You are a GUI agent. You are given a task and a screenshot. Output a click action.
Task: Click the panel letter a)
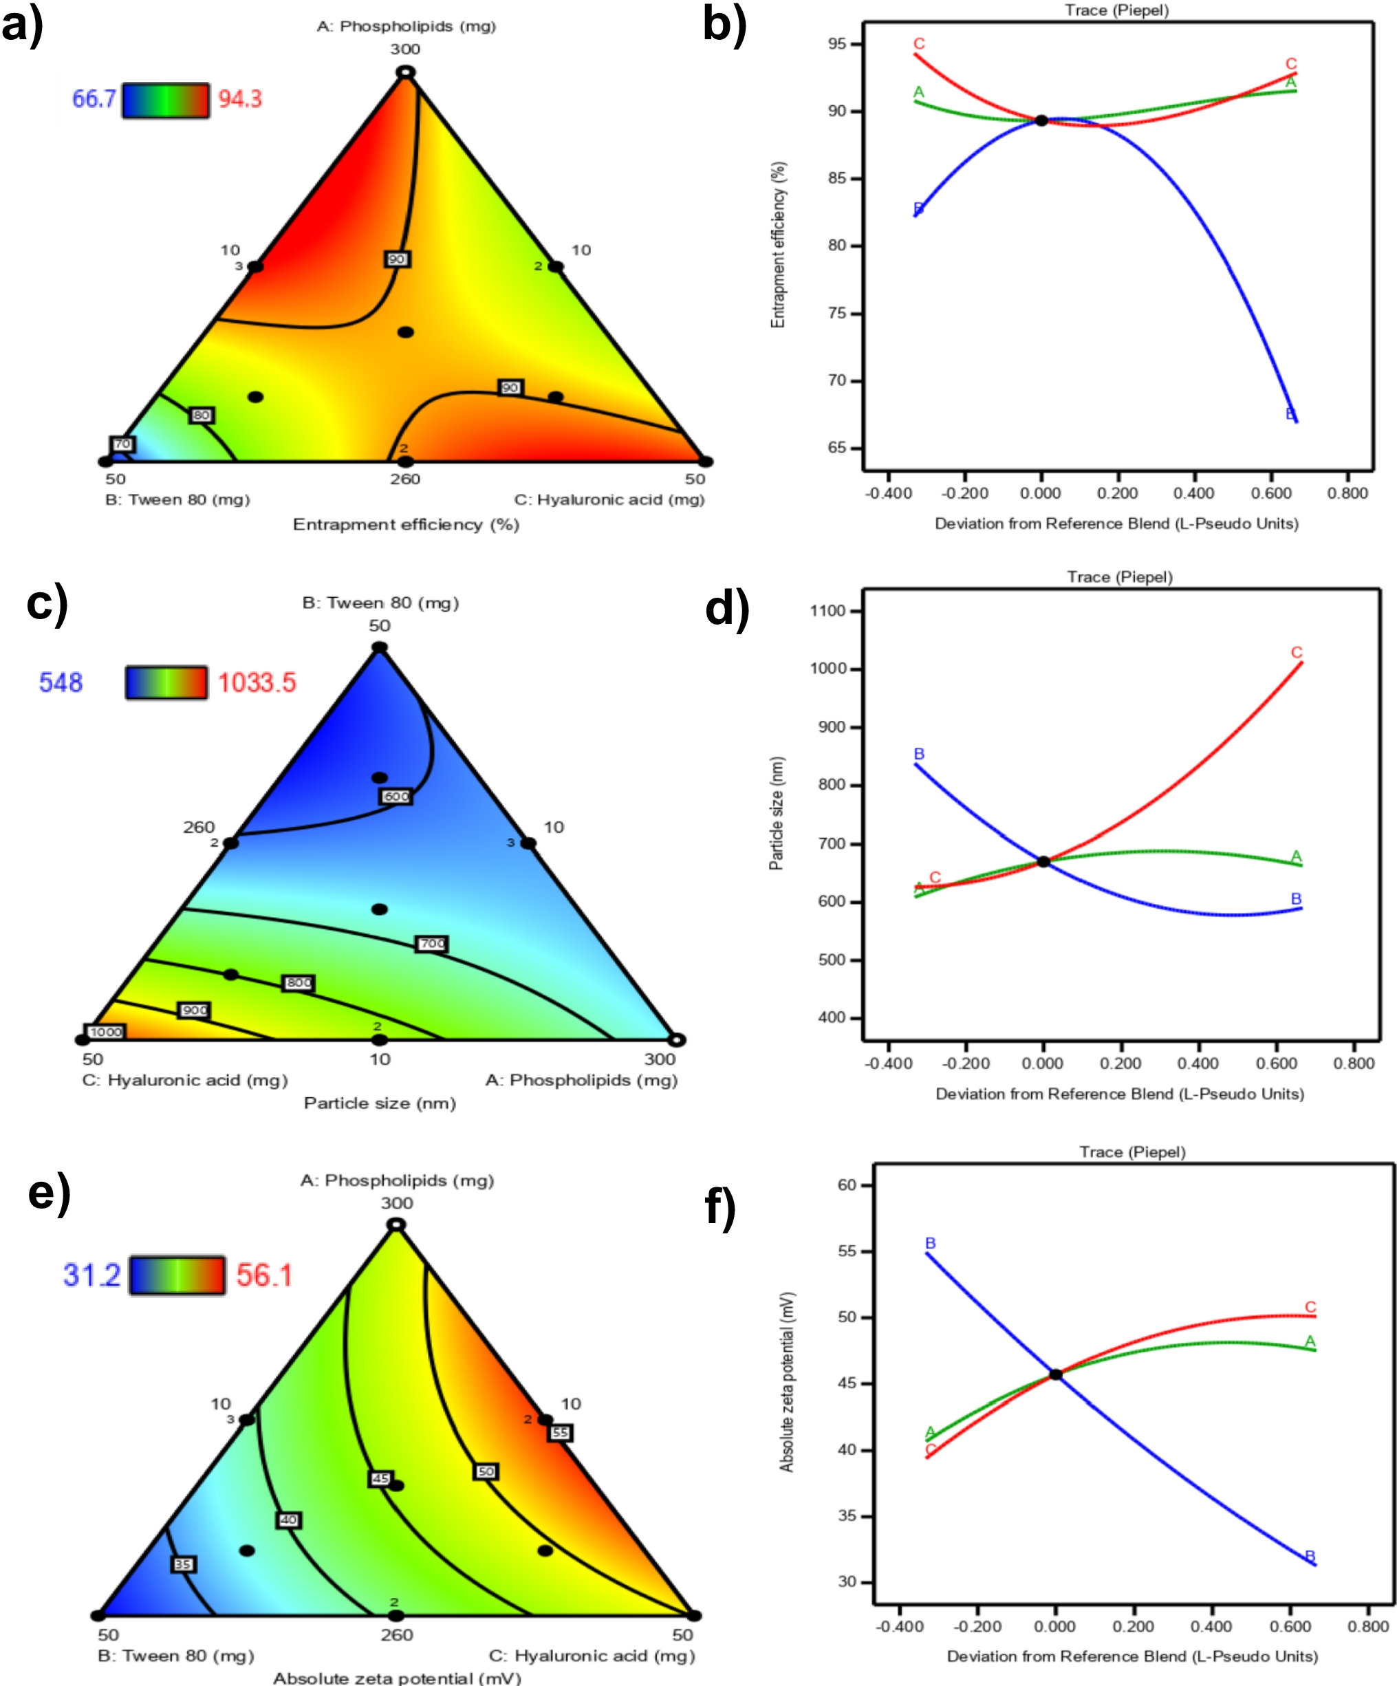[x=22, y=25]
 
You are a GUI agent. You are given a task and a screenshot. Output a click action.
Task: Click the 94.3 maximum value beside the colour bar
[x=240, y=99]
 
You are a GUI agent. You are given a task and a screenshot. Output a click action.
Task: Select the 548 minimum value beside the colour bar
[x=61, y=682]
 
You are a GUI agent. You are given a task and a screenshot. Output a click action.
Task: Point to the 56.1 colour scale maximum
[x=264, y=1275]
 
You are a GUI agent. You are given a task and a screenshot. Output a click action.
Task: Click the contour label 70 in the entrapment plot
[x=122, y=444]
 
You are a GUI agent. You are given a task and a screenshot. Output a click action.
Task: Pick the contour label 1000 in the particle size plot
[x=106, y=1032]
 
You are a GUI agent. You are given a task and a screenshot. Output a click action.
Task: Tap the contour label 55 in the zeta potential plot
[x=560, y=1432]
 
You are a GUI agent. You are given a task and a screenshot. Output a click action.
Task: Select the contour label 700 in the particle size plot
[x=431, y=943]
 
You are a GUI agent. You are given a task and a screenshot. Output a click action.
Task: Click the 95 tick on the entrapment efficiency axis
[x=837, y=43]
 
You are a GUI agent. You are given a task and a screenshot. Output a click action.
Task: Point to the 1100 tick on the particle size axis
[x=827, y=610]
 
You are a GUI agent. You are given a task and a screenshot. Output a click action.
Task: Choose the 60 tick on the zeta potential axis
[x=847, y=1185]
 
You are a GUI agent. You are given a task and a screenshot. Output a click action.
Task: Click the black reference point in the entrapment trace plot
[x=1041, y=120]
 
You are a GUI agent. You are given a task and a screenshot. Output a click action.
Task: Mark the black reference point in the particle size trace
[x=1043, y=861]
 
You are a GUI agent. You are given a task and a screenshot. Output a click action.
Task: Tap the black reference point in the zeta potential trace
[x=1056, y=1374]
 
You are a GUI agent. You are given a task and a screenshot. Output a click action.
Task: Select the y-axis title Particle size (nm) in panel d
[x=776, y=813]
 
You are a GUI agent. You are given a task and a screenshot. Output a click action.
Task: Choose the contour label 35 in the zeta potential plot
[x=183, y=1564]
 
